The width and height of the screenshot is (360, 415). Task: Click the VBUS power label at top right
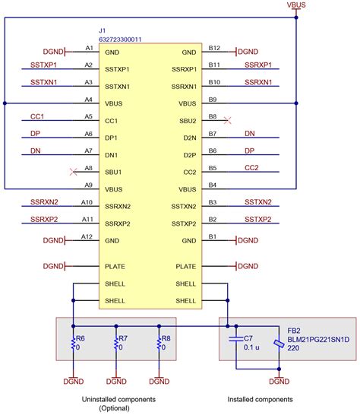[x=296, y=5]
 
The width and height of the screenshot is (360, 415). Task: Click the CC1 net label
[x=37, y=116]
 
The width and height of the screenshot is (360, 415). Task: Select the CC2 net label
[x=252, y=167]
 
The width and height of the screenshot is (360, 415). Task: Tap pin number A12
[x=88, y=236]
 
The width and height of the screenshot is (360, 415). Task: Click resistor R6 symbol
[x=73, y=344]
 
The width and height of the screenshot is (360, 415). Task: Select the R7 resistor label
[x=124, y=337]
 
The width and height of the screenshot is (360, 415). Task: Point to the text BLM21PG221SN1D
[x=319, y=341]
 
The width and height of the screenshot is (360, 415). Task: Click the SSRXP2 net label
[x=44, y=219]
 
